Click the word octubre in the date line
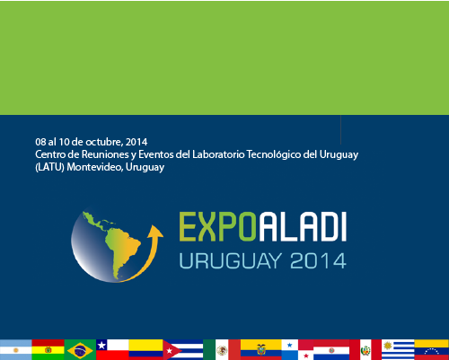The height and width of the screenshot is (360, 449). coord(104,142)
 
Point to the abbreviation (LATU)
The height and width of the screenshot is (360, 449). coord(49,167)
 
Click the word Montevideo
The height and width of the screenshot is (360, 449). coord(94,167)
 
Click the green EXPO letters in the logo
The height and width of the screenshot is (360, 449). coord(217,226)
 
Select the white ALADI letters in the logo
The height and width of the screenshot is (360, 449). coord(303,226)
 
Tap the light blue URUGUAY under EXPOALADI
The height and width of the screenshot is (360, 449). coord(231,261)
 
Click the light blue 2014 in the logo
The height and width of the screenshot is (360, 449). coord(319,261)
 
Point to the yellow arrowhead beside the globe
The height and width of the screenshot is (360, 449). coord(155,232)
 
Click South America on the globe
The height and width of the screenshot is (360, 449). coord(123,250)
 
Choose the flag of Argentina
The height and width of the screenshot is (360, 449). coord(16,349)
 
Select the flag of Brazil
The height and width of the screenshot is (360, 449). coord(80,349)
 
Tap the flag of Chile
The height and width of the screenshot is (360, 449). coord(112,349)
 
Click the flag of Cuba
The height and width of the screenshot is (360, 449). coord(183,349)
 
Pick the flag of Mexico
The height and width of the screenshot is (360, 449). coord(222,349)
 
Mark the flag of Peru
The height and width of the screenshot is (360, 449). coord(365,349)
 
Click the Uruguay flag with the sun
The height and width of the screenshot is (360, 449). coord(398,349)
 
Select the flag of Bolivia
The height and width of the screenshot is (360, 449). coord(48,349)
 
